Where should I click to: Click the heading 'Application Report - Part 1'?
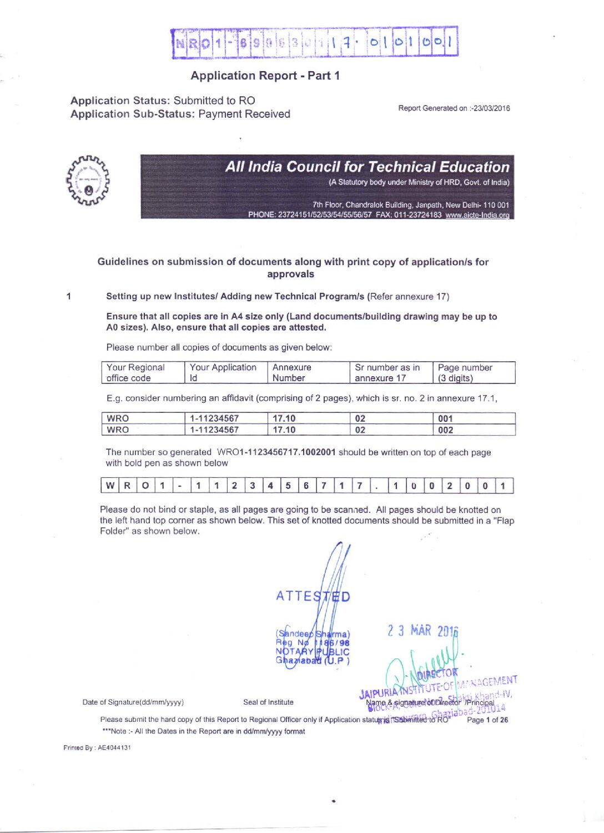click(265, 76)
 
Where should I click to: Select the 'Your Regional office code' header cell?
click(136, 372)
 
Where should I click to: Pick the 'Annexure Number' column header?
click(292, 372)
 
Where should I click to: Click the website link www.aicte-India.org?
click(477, 215)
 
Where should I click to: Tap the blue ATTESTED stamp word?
click(313, 597)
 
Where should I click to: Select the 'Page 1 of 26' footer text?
click(487, 720)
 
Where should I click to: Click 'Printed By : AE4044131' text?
click(97, 747)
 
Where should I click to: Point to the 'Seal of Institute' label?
click(268, 702)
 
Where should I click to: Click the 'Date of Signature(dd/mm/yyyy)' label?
click(133, 702)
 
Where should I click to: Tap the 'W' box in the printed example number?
click(110, 486)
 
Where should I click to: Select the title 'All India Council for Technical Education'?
click(367, 167)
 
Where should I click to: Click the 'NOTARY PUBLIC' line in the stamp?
click(313, 651)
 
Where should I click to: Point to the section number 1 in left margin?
click(68, 296)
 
